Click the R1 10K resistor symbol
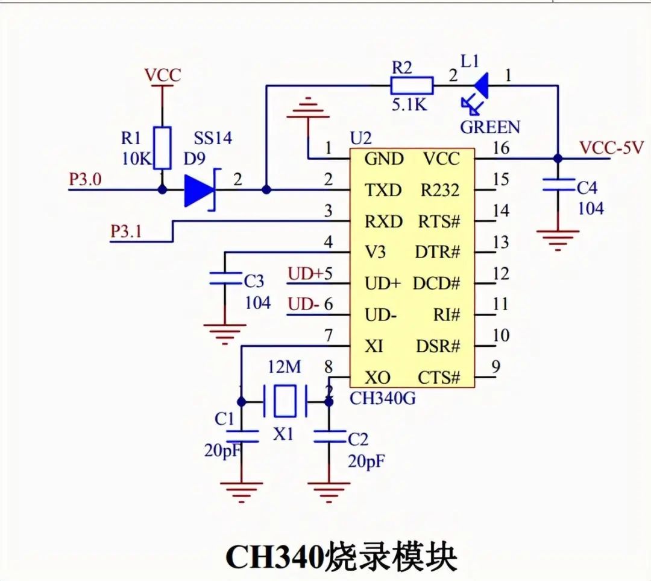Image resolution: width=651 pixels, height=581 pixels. point(162,148)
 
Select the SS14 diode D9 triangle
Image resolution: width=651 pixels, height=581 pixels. point(200,190)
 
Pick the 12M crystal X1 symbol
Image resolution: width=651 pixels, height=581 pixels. point(285,401)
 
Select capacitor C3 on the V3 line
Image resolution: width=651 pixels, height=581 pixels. point(224,279)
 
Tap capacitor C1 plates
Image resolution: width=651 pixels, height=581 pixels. point(241,436)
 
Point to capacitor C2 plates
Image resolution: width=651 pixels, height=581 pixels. point(329,436)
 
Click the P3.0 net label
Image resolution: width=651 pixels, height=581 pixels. point(86,180)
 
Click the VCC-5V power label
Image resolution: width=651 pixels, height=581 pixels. point(611,148)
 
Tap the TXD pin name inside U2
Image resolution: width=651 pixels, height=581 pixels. point(383,191)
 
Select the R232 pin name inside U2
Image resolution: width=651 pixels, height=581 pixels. point(439,191)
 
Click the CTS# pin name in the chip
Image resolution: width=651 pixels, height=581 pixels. point(439,378)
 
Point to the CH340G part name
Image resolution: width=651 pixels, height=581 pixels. point(382,399)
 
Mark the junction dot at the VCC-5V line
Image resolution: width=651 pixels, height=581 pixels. point(558,159)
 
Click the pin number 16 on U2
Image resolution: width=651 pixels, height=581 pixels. point(500,148)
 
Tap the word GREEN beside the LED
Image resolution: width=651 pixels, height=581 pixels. point(489,127)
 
